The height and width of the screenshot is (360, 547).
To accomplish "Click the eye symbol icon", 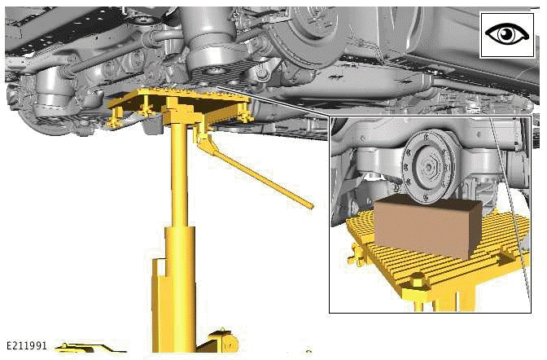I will coord(505,35).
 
